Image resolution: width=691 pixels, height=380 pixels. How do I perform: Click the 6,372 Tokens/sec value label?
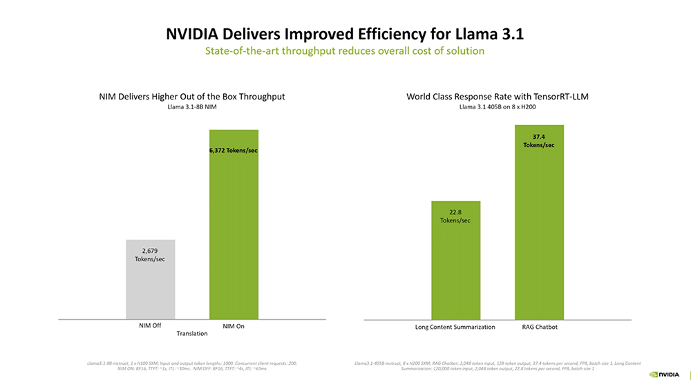click(x=234, y=150)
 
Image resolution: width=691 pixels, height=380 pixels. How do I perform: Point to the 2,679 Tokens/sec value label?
click(x=150, y=254)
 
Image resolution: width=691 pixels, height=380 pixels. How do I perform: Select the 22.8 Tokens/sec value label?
click(x=455, y=216)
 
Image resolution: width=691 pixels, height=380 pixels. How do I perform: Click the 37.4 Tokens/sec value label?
click(x=539, y=140)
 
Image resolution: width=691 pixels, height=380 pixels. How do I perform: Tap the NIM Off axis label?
click(x=150, y=326)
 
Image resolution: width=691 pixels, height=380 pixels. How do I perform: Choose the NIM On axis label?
click(x=234, y=326)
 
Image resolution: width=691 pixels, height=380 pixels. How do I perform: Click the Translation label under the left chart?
click(x=192, y=334)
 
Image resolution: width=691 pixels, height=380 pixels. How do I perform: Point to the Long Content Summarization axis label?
click(x=455, y=327)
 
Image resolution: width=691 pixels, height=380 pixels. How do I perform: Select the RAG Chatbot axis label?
click(x=540, y=327)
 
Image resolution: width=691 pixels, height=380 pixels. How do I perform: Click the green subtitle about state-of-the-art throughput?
click(x=345, y=51)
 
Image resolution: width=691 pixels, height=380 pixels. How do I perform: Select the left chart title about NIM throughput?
click(x=192, y=97)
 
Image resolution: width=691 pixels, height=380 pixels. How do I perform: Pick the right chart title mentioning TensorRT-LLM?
click(x=498, y=97)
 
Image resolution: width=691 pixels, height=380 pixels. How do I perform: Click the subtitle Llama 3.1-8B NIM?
click(x=192, y=107)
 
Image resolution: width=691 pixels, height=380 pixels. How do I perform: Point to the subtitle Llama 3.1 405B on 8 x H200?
click(x=498, y=107)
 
